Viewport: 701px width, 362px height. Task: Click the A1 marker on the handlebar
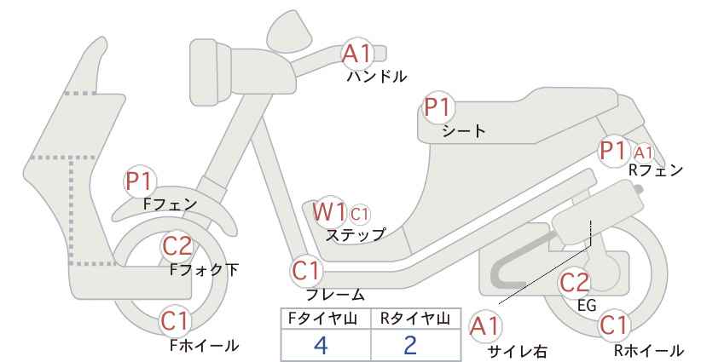point(356,54)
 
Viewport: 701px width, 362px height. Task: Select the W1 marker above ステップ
point(329,211)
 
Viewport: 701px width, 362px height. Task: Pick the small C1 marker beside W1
point(359,215)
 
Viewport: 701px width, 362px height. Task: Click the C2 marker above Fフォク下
point(177,246)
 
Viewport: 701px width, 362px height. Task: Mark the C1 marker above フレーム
point(307,271)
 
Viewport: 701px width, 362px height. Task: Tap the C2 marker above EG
point(575,283)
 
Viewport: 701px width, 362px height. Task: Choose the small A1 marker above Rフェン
point(643,153)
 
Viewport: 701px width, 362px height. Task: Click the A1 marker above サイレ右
point(484,327)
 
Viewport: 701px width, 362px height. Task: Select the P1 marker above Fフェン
point(140,181)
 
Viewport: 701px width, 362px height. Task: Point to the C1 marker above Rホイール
point(614,325)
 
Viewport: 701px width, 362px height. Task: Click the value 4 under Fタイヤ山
point(321,345)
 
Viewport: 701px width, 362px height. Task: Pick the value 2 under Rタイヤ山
point(410,345)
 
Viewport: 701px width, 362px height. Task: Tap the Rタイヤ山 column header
point(415,319)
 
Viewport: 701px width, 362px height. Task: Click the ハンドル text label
point(377,77)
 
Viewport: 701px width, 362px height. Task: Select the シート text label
point(464,131)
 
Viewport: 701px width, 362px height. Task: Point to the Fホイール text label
point(205,346)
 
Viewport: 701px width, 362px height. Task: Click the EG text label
point(587,305)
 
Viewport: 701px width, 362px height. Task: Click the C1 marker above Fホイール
point(177,321)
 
